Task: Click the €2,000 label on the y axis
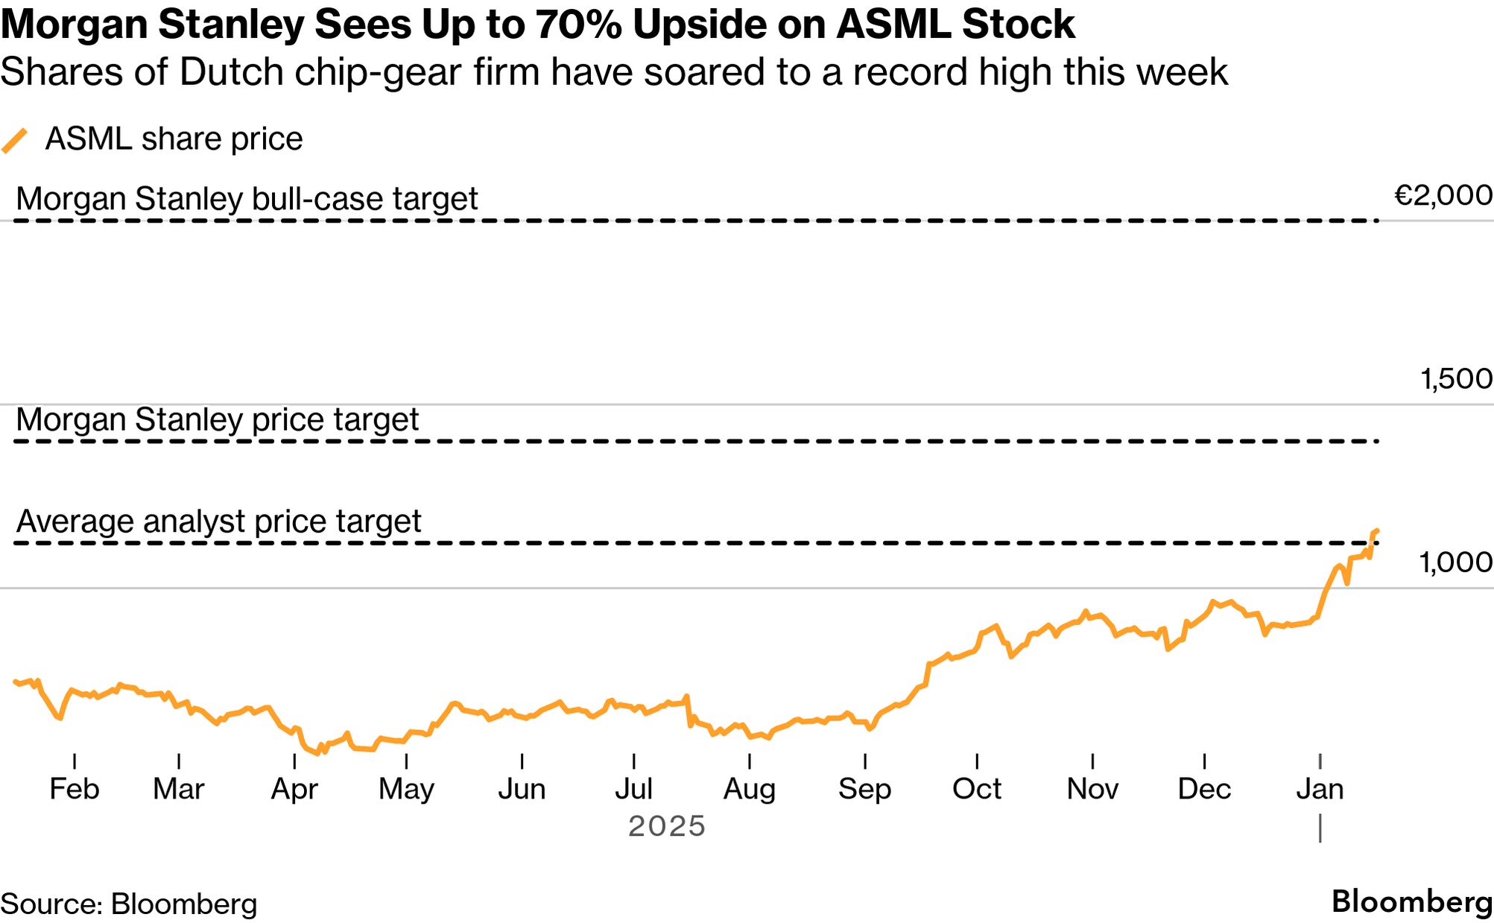[1443, 196]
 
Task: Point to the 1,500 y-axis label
[1456, 379]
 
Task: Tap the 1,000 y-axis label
[1455, 562]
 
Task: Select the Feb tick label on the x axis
[75, 789]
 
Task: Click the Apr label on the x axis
[294, 789]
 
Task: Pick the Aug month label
[750, 789]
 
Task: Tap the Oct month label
[977, 789]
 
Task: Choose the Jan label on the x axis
[1320, 789]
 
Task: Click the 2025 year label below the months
[667, 826]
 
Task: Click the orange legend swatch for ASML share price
[15, 140]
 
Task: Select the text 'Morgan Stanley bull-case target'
[247, 199]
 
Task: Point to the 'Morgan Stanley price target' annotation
[217, 419]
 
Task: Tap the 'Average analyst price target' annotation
[218, 521]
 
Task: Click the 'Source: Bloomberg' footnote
[129, 904]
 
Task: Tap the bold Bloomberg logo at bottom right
[1411, 901]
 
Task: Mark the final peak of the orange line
[1376, 530]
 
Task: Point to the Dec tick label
[1204, 789]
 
